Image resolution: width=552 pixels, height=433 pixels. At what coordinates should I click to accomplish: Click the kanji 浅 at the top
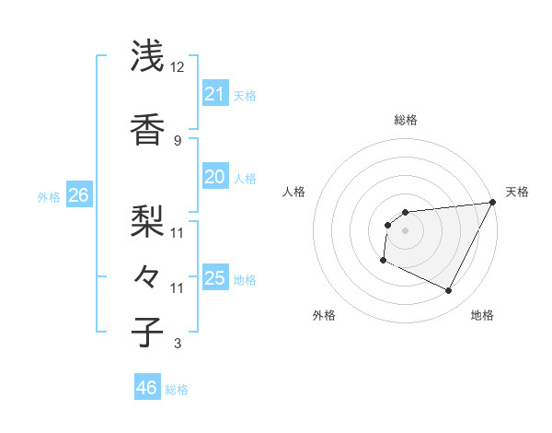pos(147,57)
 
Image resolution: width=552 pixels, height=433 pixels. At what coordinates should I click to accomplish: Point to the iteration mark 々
pos(147,275)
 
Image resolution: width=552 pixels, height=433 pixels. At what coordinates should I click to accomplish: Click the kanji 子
pos(147,332)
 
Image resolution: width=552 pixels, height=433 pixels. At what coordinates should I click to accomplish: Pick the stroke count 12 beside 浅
pos(178,67)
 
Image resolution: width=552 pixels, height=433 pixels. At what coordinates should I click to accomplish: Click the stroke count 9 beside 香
pos(178,140)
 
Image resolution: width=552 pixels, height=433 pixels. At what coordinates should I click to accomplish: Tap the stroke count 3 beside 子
pos(178,345)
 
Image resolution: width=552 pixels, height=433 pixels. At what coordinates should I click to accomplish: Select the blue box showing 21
pos(214,94)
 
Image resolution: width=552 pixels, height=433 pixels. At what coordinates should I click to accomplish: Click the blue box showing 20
pos(214,177)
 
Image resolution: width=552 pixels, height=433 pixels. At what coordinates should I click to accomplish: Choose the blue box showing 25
pos(214,278)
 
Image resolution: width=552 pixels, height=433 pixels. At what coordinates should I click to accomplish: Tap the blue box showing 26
pos(78,195)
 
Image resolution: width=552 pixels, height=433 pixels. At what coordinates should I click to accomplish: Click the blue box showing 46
pos(146,388)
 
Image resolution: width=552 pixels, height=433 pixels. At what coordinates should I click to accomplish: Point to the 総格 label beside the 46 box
pos(177,390)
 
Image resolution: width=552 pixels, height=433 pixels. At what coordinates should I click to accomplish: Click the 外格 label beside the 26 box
pos(49,196)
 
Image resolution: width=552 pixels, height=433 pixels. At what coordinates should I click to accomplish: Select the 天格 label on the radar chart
pos(517,192)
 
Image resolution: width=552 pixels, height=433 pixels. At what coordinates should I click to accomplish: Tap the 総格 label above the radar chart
pos(405,120)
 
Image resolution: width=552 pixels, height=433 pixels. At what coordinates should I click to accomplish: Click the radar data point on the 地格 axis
pos(448,291)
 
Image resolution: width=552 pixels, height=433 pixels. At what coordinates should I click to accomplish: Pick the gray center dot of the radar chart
pos(405,230)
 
